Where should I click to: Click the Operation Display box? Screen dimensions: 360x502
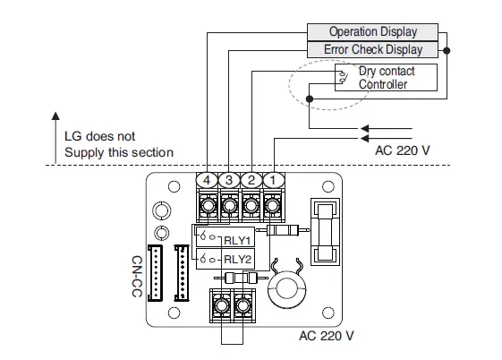[371, 32]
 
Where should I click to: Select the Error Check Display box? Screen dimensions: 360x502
[373, 49]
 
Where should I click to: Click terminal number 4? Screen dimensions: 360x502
[208, 181]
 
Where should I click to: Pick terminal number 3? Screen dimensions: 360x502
[229, 181]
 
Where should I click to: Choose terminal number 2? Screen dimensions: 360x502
[251, 181]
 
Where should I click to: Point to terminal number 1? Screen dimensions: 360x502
[272, 181]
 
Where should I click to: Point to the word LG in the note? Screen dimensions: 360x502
[75, 136]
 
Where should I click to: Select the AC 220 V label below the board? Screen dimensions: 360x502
[327, 336]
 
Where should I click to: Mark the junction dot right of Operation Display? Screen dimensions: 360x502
[447, 50]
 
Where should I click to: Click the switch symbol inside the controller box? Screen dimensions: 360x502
[344, 78]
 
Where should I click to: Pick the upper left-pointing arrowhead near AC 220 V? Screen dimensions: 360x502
[362, 127]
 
